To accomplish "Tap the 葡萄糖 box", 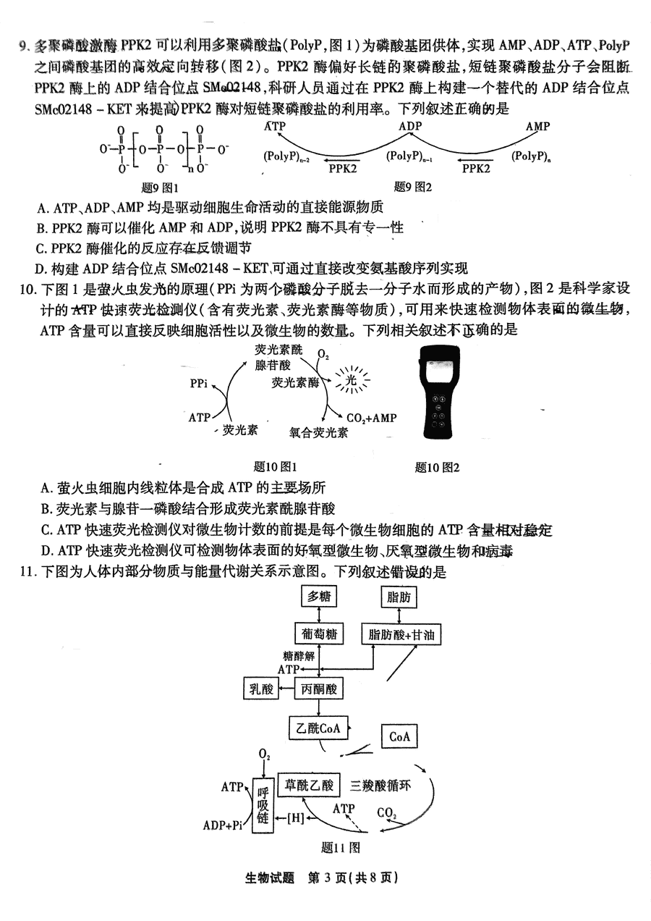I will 318,634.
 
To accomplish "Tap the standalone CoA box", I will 399,736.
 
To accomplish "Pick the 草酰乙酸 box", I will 309,785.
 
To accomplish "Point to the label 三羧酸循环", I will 380,785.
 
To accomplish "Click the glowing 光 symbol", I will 351,379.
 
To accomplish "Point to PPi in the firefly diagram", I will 199,383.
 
